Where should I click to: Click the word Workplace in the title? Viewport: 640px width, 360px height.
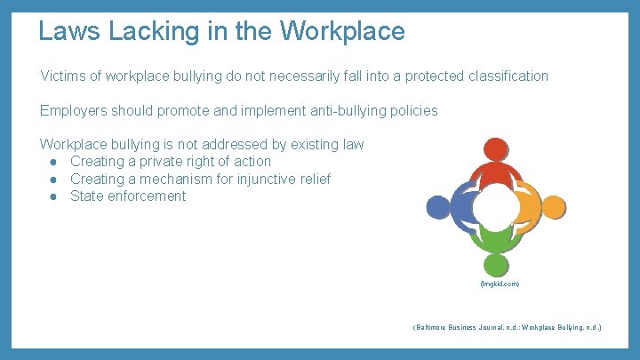(342, 32)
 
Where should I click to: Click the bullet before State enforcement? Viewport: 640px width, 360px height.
(55, 196)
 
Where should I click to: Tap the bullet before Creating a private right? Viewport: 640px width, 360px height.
(55, 162)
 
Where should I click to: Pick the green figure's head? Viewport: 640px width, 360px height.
(496, 264)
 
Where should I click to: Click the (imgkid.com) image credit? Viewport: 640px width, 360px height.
(500, 284)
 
